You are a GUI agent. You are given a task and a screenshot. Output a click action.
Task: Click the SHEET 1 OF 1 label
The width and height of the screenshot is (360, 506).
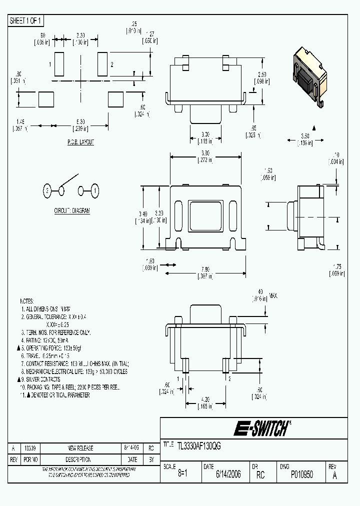[26, 20]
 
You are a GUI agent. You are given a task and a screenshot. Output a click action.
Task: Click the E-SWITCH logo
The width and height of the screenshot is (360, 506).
[262, 428]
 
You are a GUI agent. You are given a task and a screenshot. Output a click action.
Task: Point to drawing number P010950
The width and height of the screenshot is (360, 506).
[301, 474]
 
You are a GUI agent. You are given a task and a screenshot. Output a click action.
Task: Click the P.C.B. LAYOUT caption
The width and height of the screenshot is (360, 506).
[80, 142]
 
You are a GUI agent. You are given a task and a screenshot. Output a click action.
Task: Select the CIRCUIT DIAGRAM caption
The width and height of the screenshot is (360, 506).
[72, 211]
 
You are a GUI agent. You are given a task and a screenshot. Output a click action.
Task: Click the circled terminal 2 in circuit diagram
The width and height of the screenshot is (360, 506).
[46, 190]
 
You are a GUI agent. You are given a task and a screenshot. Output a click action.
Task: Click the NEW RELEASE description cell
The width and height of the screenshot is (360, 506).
[80, 448]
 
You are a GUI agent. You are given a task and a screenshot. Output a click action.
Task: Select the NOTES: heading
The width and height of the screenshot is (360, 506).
[26, 301]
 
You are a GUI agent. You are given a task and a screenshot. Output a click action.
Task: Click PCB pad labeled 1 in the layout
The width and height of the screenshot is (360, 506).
[58, 64]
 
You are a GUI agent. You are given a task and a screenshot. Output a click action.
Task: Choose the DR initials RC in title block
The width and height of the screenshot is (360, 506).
[260, 474]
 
